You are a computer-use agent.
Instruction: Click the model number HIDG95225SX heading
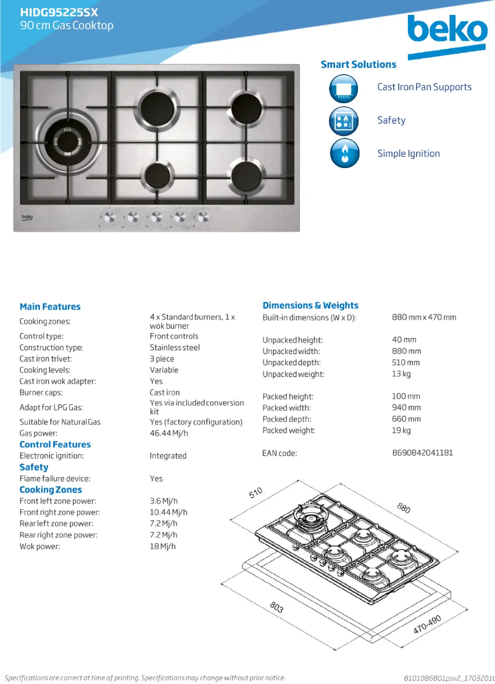59,12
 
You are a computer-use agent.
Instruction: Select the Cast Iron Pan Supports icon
344,88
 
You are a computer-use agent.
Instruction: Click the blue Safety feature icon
344,121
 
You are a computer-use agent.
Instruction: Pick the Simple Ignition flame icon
344,154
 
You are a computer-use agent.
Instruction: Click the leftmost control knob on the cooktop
109,217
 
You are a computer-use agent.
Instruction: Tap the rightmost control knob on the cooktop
202,217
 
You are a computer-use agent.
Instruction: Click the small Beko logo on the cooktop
28,217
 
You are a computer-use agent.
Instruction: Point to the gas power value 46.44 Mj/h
168,433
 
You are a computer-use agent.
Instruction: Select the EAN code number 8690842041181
422,453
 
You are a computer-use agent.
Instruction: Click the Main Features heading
50,306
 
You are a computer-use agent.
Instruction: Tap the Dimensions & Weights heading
310,305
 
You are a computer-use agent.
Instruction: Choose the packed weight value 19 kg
401,430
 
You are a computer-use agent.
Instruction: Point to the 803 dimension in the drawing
277,607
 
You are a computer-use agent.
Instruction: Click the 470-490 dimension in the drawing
427,625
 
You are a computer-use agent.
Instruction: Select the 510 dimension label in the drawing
256,492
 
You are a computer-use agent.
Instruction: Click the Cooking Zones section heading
51,489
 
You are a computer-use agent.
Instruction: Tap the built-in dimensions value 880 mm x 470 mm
424,317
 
